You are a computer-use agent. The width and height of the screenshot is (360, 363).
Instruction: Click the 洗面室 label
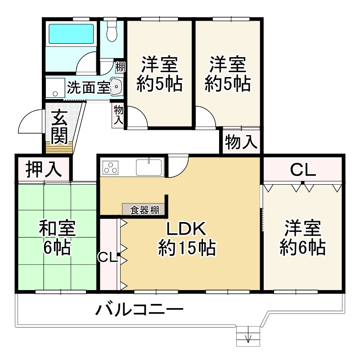tap(87, 87)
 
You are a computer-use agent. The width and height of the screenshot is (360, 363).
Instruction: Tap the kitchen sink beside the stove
tap(149, 168)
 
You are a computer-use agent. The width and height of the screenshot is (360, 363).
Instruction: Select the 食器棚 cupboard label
tap(144, 210)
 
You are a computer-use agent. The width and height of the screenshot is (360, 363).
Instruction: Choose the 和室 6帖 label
tap(57, 238)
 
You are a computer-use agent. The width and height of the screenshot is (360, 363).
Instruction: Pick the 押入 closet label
tap(43, 170)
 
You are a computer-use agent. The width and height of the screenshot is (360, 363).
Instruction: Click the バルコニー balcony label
tap(139, 310)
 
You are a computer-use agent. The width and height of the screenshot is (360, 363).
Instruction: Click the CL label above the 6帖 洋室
tap(302, 170)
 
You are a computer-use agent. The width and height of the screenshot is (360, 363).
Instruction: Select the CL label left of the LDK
tap(108, 257)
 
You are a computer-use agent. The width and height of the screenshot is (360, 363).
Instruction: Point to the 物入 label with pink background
tap(241, 143)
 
